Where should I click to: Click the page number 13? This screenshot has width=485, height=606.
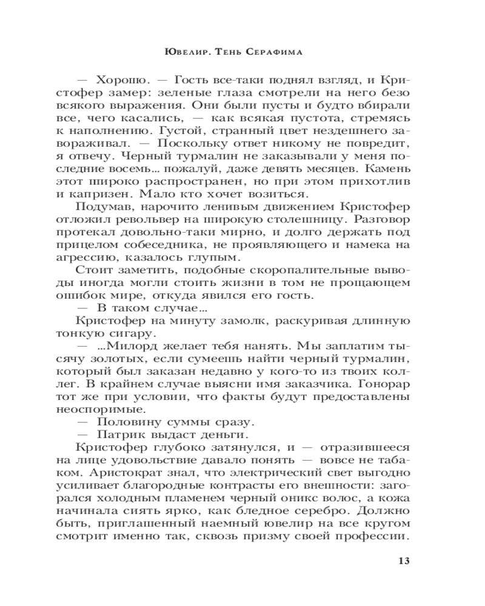click(404, 560)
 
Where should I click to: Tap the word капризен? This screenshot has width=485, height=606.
click(102, 195)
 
